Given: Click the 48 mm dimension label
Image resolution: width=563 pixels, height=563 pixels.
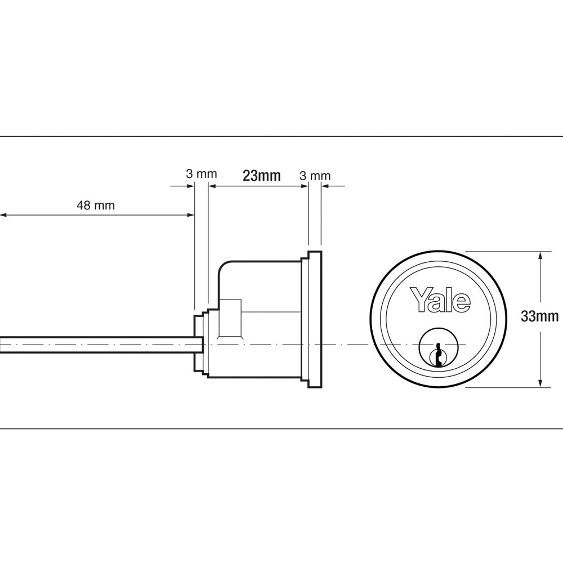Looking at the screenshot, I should pos(96,205).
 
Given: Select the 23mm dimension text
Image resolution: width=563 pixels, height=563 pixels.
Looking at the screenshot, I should pos(261,176).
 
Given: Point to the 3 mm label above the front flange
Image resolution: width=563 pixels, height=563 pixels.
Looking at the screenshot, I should pos(316,176).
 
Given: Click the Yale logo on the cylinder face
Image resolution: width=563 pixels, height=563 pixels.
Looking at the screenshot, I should pos(440,300).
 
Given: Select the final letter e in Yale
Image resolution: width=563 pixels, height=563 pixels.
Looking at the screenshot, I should pos(462,303).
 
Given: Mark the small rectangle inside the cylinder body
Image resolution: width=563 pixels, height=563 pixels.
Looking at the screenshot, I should pos(231,318).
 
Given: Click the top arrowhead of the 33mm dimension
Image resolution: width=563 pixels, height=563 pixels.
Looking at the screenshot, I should pos(540,255).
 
